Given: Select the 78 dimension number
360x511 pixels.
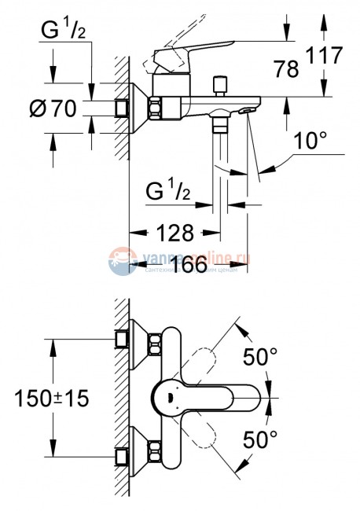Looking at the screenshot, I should pos(288,69).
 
